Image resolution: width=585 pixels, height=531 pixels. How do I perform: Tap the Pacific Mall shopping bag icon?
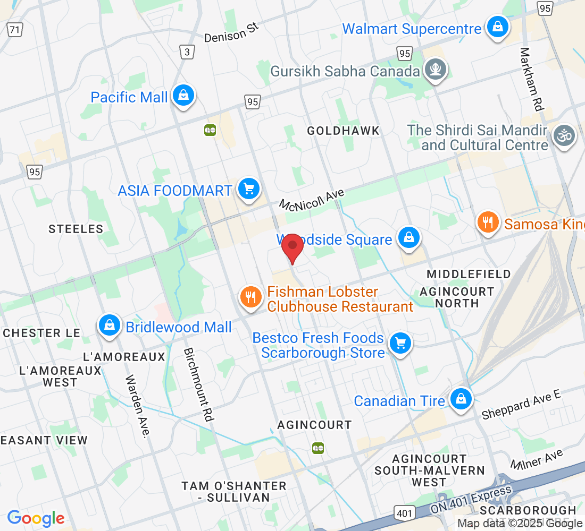[x=183, y=96]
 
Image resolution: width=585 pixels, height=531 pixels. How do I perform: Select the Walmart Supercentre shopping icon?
[x=497, y=27]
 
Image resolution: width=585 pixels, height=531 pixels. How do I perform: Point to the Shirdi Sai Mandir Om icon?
[x=564, y=136]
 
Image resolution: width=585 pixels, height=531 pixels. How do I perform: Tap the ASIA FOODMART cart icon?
[x=248, y=189]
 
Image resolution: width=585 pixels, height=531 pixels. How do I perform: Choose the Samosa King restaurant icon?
[x=487, y=222]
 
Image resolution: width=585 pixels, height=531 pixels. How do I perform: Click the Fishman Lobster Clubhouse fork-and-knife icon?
[x=250, y=297]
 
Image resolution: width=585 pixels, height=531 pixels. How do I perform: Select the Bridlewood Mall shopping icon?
[x=109, y=326]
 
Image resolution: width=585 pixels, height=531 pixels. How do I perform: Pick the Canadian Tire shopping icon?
[x=460, y=399]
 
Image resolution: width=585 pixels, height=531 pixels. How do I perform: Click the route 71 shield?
[x=15, y=29]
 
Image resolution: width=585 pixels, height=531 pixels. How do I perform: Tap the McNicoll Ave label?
[x=312, y=199]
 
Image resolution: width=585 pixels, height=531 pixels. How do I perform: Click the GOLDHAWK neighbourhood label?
[x=344, y=131]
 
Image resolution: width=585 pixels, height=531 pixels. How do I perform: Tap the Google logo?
[x=36, y=518]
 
